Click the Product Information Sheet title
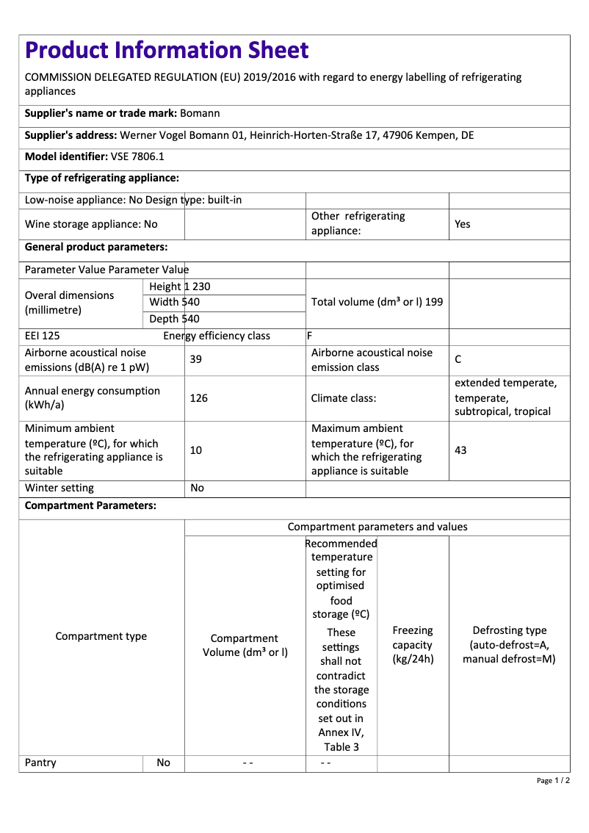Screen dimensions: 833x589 (167, 50)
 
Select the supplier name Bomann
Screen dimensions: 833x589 (200, 113)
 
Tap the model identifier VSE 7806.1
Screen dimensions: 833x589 (137, 156)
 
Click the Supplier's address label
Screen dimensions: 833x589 (71, 135)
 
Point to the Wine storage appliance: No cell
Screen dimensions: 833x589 (91, 224)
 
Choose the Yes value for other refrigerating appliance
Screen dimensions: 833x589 (463, 224)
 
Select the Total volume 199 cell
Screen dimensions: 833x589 (377, 302)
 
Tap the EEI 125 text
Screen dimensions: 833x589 (43, 336)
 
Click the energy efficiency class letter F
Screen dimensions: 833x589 (310, 336)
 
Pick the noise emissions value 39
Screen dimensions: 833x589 (196, 359)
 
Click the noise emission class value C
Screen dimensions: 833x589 (458, 359)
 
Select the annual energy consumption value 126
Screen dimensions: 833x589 (198, 398)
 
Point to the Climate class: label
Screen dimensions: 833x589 (344, 398)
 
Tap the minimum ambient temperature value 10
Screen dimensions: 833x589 (196, 450)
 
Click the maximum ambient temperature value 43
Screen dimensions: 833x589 (460, 450)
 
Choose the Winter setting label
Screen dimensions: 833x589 (59, 488)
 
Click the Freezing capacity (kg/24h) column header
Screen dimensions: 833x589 (413, 644)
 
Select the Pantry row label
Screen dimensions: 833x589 (40, 762)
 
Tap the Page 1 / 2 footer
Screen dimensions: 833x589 (553, 780)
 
